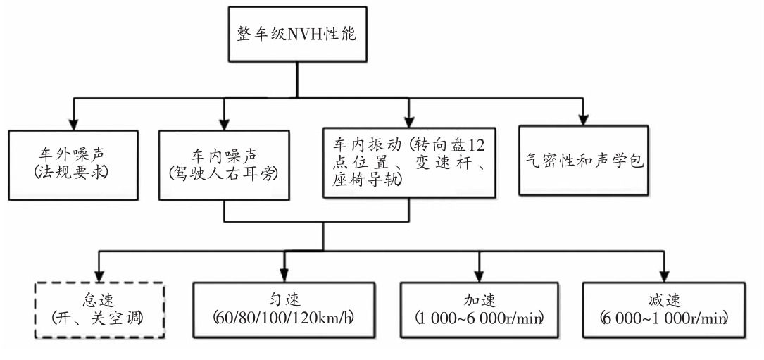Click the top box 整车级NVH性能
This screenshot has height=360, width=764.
297,34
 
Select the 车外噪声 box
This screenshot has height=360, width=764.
73,166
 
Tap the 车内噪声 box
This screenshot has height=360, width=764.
224,166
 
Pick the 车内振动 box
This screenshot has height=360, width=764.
409,163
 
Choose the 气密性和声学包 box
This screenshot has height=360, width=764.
583,161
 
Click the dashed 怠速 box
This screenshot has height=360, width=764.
99,310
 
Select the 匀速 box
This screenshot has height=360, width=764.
284,310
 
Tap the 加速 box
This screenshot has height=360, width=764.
480,310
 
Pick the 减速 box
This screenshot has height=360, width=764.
663,310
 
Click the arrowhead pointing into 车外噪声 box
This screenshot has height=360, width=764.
73,124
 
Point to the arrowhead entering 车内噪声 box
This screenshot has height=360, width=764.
224,124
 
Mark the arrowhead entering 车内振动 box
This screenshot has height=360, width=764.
409,121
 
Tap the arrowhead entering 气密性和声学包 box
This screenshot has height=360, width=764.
583,120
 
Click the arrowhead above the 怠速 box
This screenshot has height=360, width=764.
99,276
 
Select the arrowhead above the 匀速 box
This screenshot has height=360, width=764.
284,276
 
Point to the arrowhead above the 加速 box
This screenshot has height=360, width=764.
480,276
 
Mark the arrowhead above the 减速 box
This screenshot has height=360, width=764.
663,276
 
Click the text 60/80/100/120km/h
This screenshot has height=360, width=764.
284,318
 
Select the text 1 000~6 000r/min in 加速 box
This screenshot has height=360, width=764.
479,318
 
